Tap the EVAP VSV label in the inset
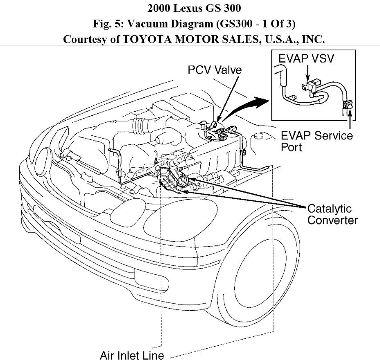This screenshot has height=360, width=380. [x=306, y=59]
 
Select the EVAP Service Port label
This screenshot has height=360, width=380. [x=317, y=135]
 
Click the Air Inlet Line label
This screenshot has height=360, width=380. [x=132, y=354]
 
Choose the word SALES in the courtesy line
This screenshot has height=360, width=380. [x=228, y=40]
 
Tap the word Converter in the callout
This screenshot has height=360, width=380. [x=332, y=220]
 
